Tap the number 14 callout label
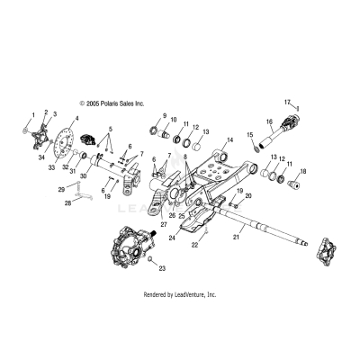[230, 139]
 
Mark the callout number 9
[165, 116]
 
